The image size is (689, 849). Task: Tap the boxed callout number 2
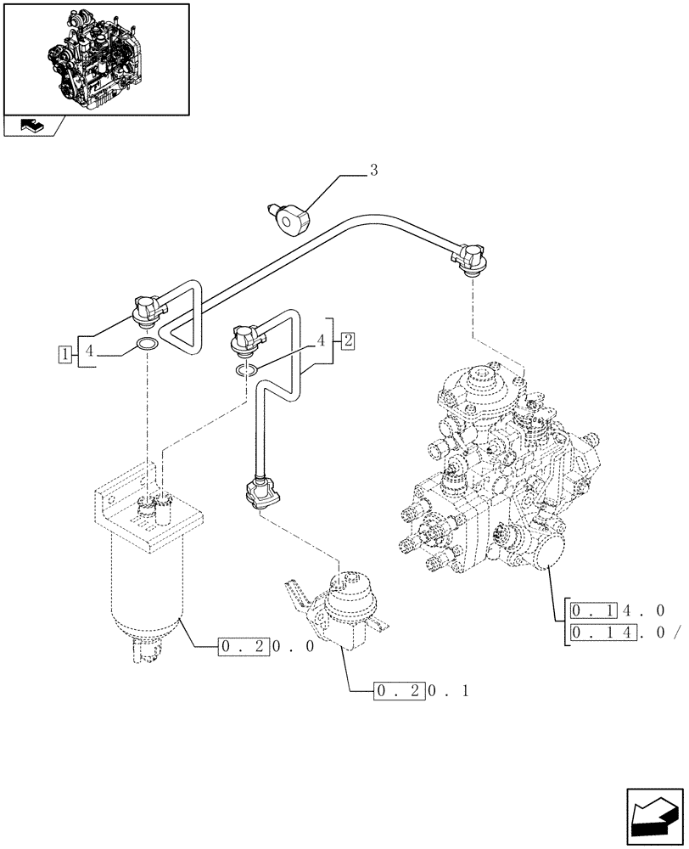point(348,340)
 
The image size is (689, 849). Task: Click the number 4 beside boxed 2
point(321,340)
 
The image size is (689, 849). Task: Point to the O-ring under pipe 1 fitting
point(146,345)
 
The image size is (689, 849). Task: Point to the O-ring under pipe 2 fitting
point(246,369)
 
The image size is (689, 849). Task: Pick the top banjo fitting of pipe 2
point(245,337)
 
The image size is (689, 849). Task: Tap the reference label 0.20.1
point(419,689)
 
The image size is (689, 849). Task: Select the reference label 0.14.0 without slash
point(616,610)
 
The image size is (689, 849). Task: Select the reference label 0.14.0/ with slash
point(623,633)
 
